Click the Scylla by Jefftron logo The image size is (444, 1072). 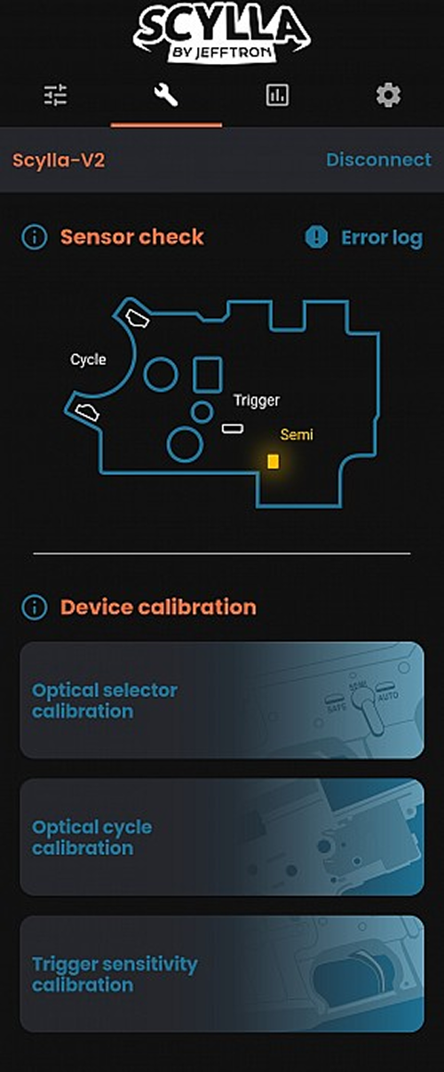(222, 33)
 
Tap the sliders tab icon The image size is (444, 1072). (55, 95)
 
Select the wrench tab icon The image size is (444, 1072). (166, 95)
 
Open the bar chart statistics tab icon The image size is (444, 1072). (277, 95)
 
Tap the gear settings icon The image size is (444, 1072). (389, 95)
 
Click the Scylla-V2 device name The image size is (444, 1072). (59, 161)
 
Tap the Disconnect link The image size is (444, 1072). (379, 160)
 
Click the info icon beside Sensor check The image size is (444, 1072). (35, 237)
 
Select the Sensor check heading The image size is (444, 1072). (132, 237)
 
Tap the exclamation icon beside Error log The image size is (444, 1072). (317, 237)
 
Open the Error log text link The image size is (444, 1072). (382, 238)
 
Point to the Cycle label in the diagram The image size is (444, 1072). (88, 360)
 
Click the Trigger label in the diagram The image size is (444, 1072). (257, 401)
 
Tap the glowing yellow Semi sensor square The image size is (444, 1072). (274, 461)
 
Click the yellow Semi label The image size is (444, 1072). (297, 434)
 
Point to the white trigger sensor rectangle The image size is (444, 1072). (233, 428)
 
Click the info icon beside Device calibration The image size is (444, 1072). (35, 607)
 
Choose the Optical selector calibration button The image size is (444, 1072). (222, 700)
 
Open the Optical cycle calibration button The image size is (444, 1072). (222, 837)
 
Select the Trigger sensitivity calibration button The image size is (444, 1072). (222, 974)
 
